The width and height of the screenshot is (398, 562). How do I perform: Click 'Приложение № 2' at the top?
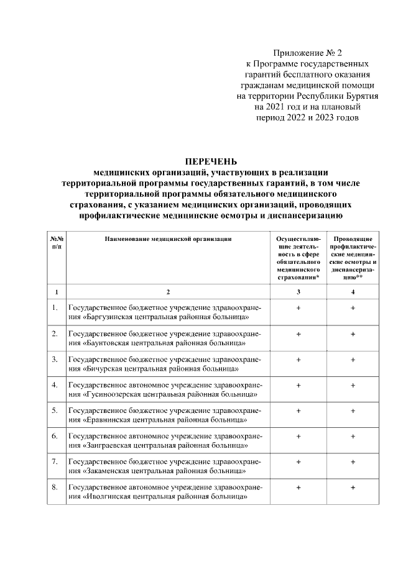tap(308, 54)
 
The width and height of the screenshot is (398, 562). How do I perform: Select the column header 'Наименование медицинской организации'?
tap(169, 238)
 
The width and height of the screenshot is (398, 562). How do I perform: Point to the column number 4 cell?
tap(353, 291)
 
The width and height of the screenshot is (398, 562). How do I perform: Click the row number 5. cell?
tap(55, 410)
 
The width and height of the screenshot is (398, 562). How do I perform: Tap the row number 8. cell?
tap(55, 487)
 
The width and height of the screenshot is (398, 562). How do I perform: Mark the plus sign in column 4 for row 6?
tap(353, 436)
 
